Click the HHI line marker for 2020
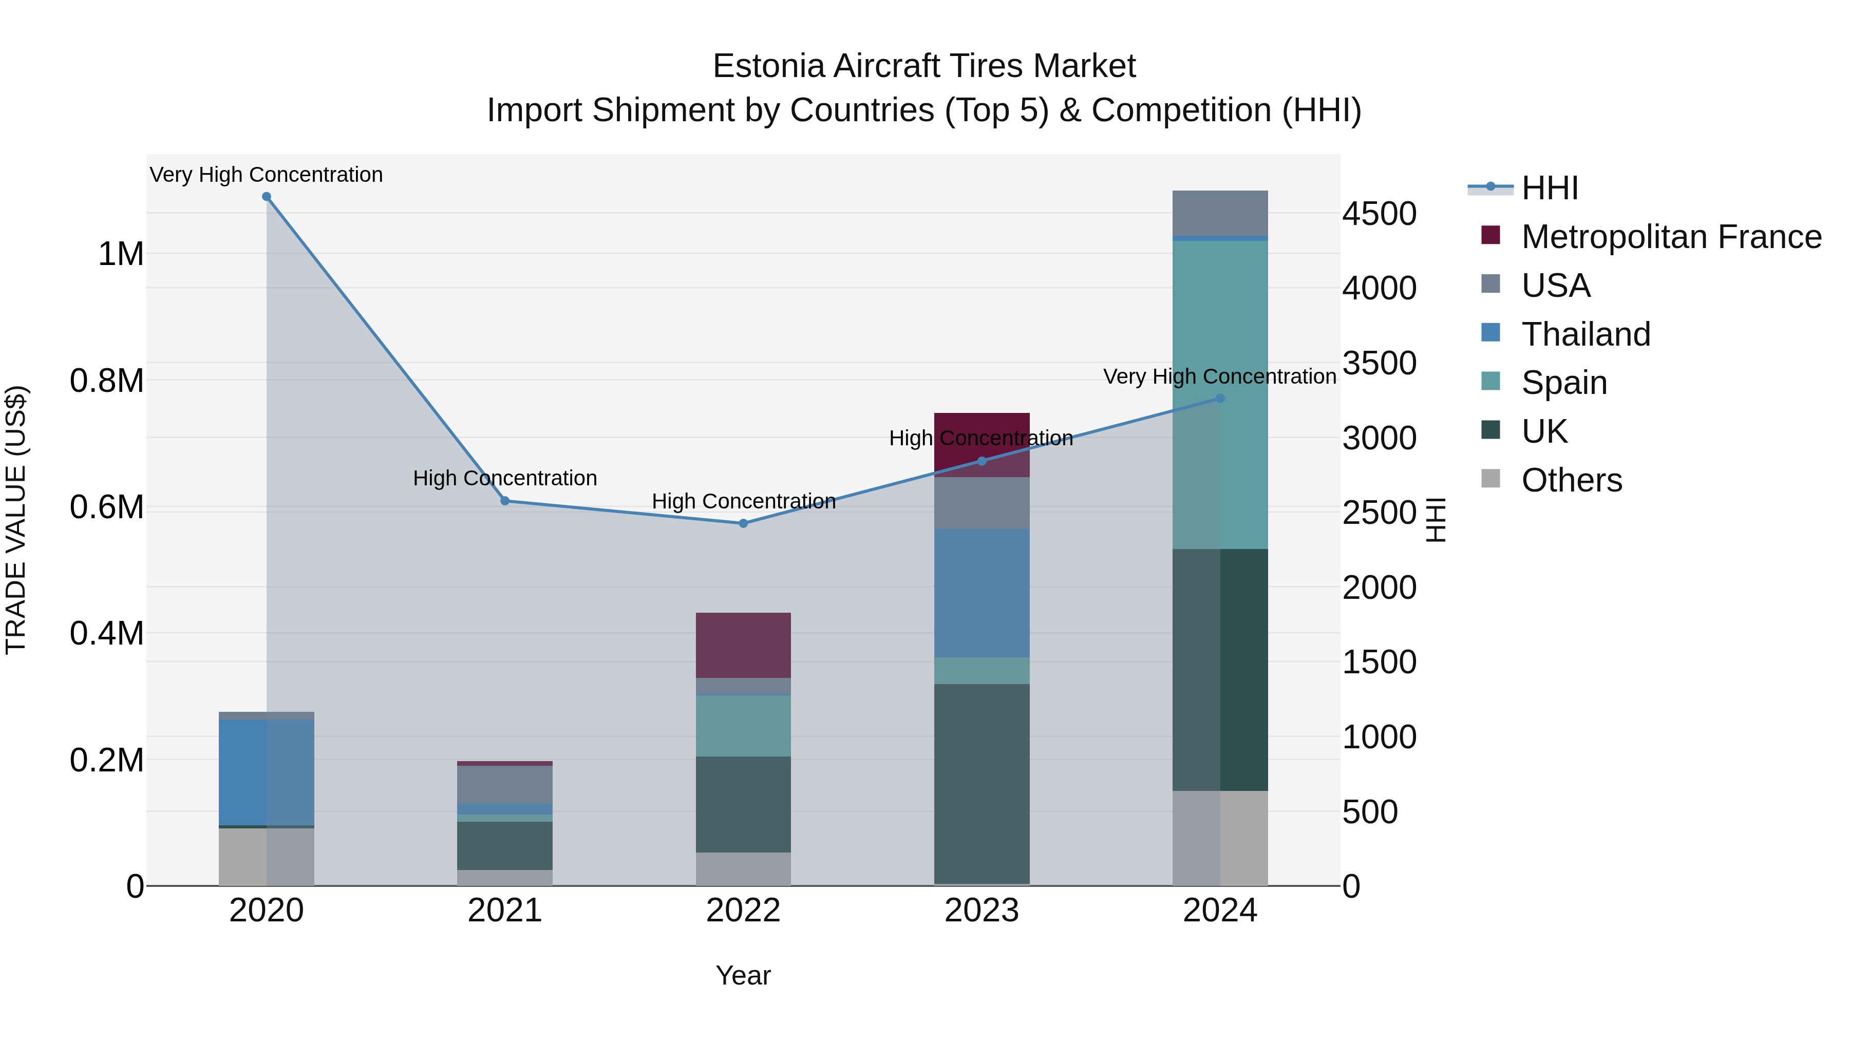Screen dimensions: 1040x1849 (266, 197)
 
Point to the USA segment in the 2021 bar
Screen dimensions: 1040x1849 (504, 784)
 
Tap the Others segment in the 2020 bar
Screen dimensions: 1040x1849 (266, 857)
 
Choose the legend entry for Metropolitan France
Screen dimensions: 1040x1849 (1670, 237)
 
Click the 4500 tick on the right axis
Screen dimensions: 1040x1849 (1379, 214)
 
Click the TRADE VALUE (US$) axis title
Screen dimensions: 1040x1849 (16, 520)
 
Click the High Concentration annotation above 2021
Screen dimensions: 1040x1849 (504, 478)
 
